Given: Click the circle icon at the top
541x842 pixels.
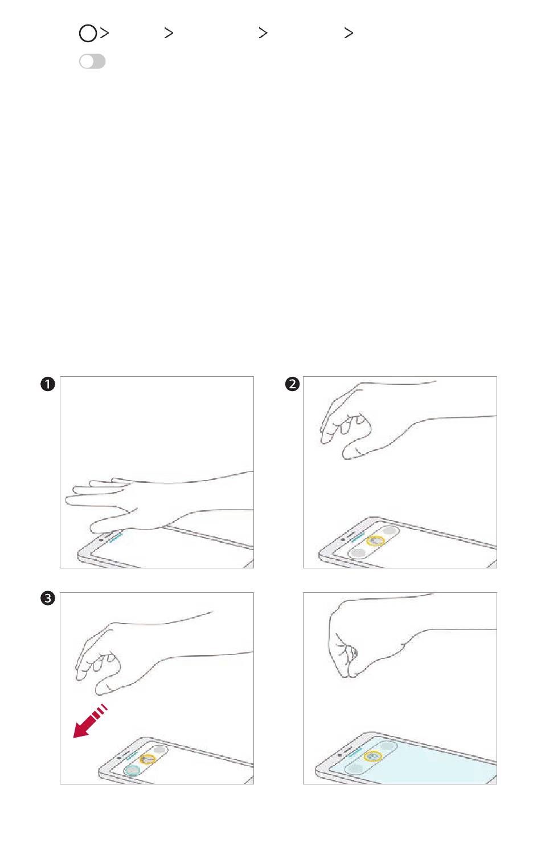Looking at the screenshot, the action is pyautogui.click(x=88, y=33).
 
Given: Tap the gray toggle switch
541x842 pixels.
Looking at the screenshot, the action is pyautogui.click(x=92, y=61).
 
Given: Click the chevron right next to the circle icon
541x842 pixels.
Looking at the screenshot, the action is pyautogui.click(x=105, y=32).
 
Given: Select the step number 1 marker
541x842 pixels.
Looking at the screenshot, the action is pyautogui.click(x=48, y=384).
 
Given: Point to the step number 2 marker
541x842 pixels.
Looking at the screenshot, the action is pyautogui.click(x=292, y=384).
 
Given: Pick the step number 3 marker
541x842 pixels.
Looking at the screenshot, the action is pyautogui.click(x=48, y=598).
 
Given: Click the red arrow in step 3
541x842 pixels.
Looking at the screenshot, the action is pyautogui.click(x=90, y=721).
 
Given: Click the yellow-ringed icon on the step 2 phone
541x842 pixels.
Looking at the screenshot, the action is pyautogui.click(x=375, y=541).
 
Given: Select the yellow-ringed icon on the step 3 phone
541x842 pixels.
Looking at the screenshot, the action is pyautogui.click(x=148, y=759).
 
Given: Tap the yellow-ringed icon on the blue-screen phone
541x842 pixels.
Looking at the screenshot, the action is pyautogui.click(x=373, y=756).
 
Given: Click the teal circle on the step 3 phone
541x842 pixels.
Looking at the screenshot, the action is pyautogui.click(x=132, y=770).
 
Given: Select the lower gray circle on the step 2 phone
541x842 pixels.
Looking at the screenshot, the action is pyautogui.click(x=359, y=552).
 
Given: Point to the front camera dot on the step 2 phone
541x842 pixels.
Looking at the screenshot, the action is pyautogui.click(x=343, y=540).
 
